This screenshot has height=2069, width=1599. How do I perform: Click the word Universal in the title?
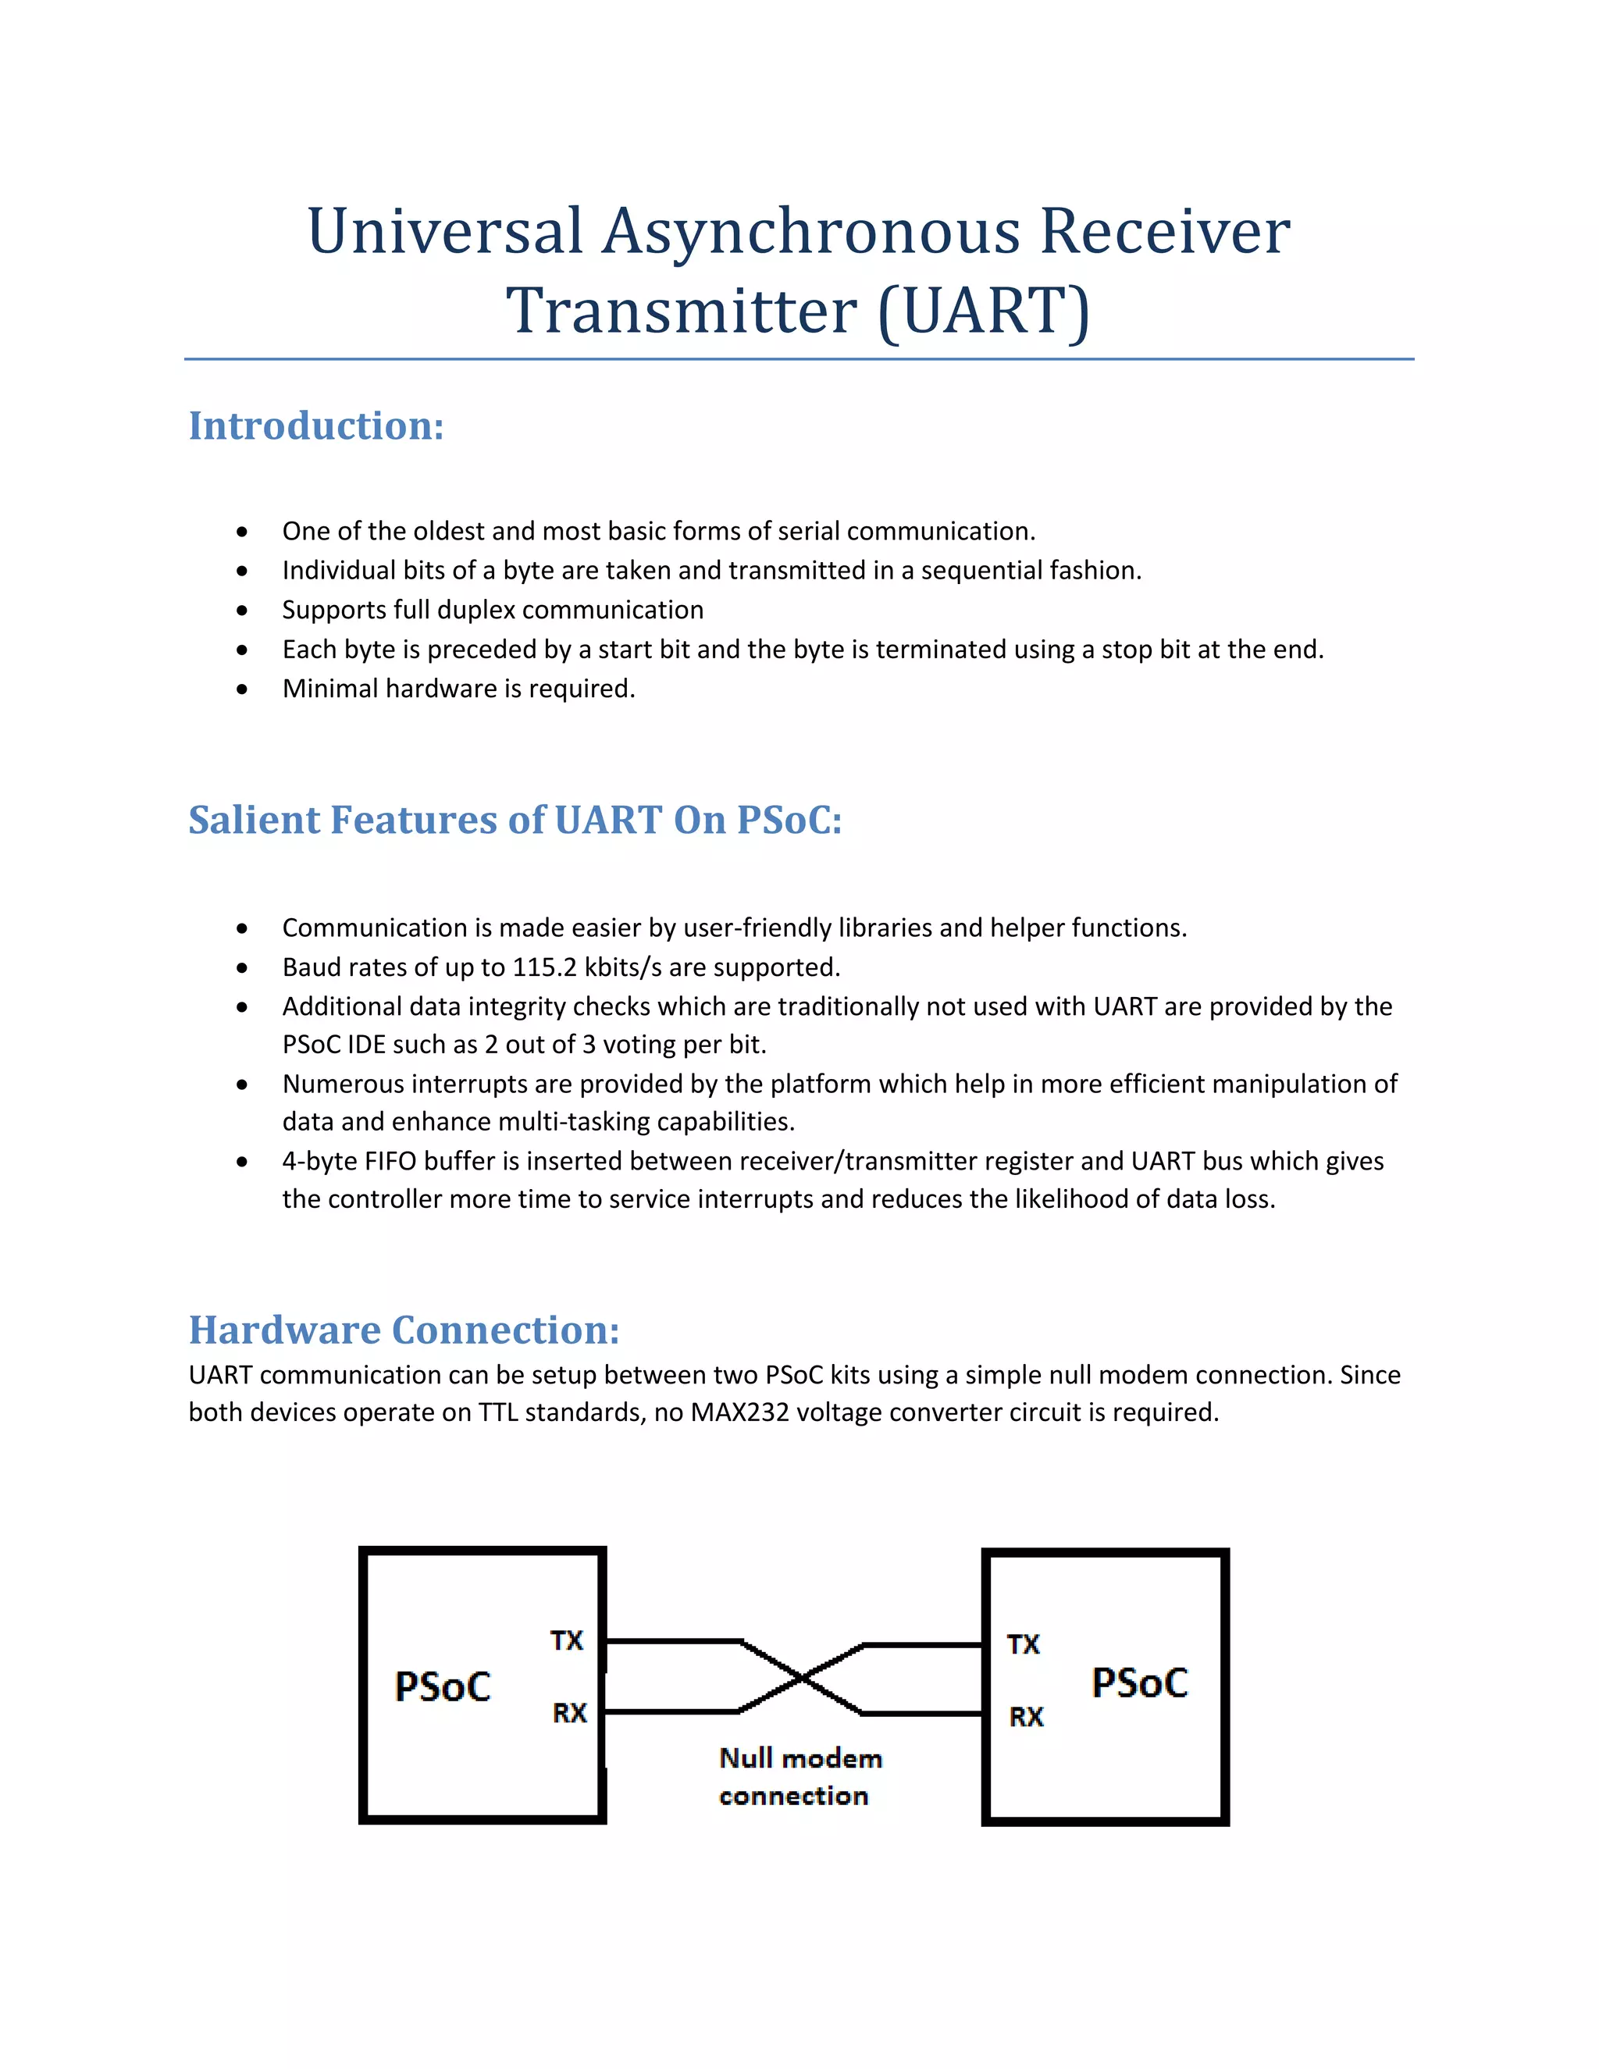(x=444, y=231)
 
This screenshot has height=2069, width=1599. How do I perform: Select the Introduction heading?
(x=316, y=426)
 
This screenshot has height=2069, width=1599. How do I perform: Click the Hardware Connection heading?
(x=404, y=1330)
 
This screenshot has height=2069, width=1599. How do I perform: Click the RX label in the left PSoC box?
(x=569, y=1713)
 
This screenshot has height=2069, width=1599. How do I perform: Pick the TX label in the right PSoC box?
(x=1023, y=1644)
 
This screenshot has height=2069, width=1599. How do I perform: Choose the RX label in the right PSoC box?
(x=1026, y=1717)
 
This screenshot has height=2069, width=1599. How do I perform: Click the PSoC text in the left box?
(x=443, y=1687)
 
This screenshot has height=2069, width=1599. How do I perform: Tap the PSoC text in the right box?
(x=1140, y=1683)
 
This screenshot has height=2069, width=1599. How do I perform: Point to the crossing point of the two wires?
(x=801, y=1679)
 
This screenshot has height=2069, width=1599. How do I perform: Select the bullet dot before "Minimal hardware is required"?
(x=243, y=689)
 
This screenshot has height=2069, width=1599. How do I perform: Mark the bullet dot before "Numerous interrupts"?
(x=243, y=1084)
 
